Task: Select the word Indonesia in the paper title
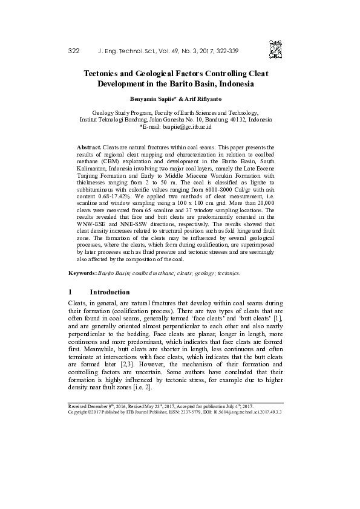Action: pyautogui.click(x=233, y=84)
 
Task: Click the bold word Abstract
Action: pyautogui.click(x=90, y=148)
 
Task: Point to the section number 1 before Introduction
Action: pyautogui.click(x=71, y=292)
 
